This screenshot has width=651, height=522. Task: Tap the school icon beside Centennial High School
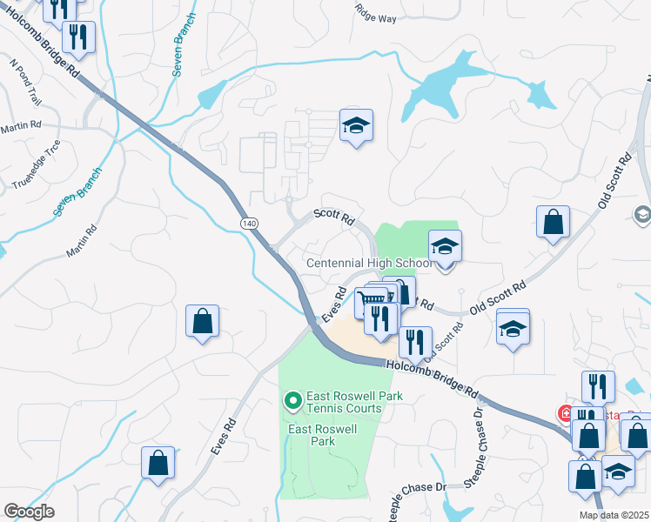coord(445,248)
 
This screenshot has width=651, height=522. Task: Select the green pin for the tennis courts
coord(293,400)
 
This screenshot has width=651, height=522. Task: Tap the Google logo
coord(30,512)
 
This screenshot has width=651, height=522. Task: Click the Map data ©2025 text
coord(613,515)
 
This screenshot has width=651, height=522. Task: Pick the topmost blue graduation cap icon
coord(356,127)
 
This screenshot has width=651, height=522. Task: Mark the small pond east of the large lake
coord(540,94)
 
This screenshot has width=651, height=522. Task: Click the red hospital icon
coord(567,413)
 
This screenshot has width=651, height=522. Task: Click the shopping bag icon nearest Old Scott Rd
coord(553,223)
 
